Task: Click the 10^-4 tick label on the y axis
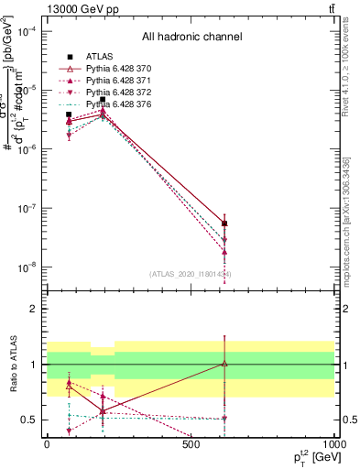coord(27,30)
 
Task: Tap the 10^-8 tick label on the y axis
coord(27,267)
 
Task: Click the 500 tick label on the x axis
coord(191,444)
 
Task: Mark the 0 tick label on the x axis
coord(47,444)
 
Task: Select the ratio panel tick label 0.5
coord(30,420)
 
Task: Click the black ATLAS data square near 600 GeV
coord(224,224)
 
